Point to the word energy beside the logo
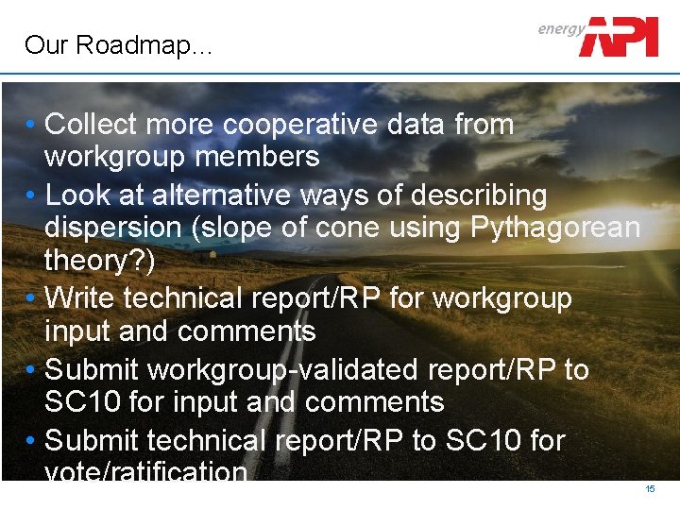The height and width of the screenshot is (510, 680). pos(561,28)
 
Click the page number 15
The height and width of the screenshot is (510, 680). pos(650,489)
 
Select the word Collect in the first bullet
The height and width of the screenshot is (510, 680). pos(91,124)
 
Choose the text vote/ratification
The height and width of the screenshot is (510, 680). pos(145,471)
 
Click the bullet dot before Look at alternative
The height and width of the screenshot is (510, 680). pos(32,195)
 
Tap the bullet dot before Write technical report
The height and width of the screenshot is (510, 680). pos(32,298)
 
